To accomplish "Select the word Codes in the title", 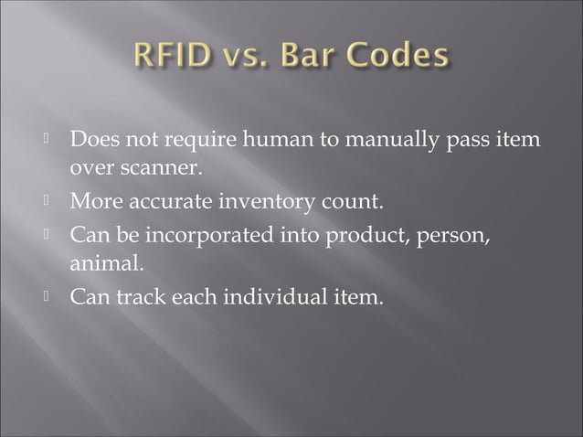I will click(x=406, y=56).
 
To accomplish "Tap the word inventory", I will click(x=281, y=201).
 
